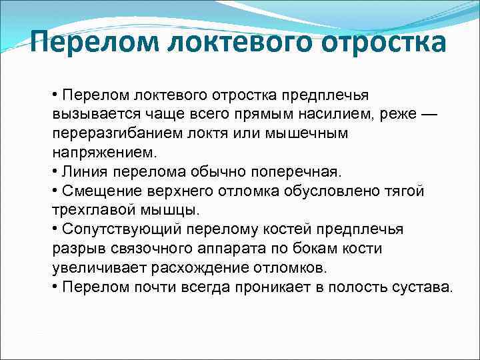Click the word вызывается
(89, 114)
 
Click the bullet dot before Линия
(55, 172)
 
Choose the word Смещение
(96, 191)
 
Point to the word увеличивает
(93, 269)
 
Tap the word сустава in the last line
(422, 288)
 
